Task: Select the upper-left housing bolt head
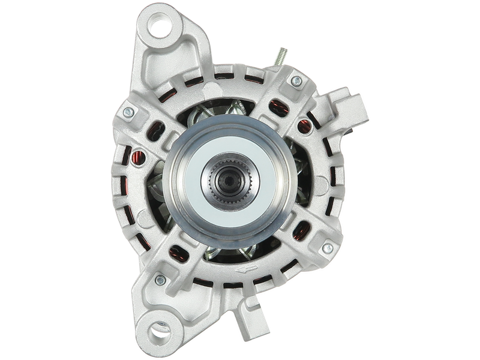click(x=127, y=112)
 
